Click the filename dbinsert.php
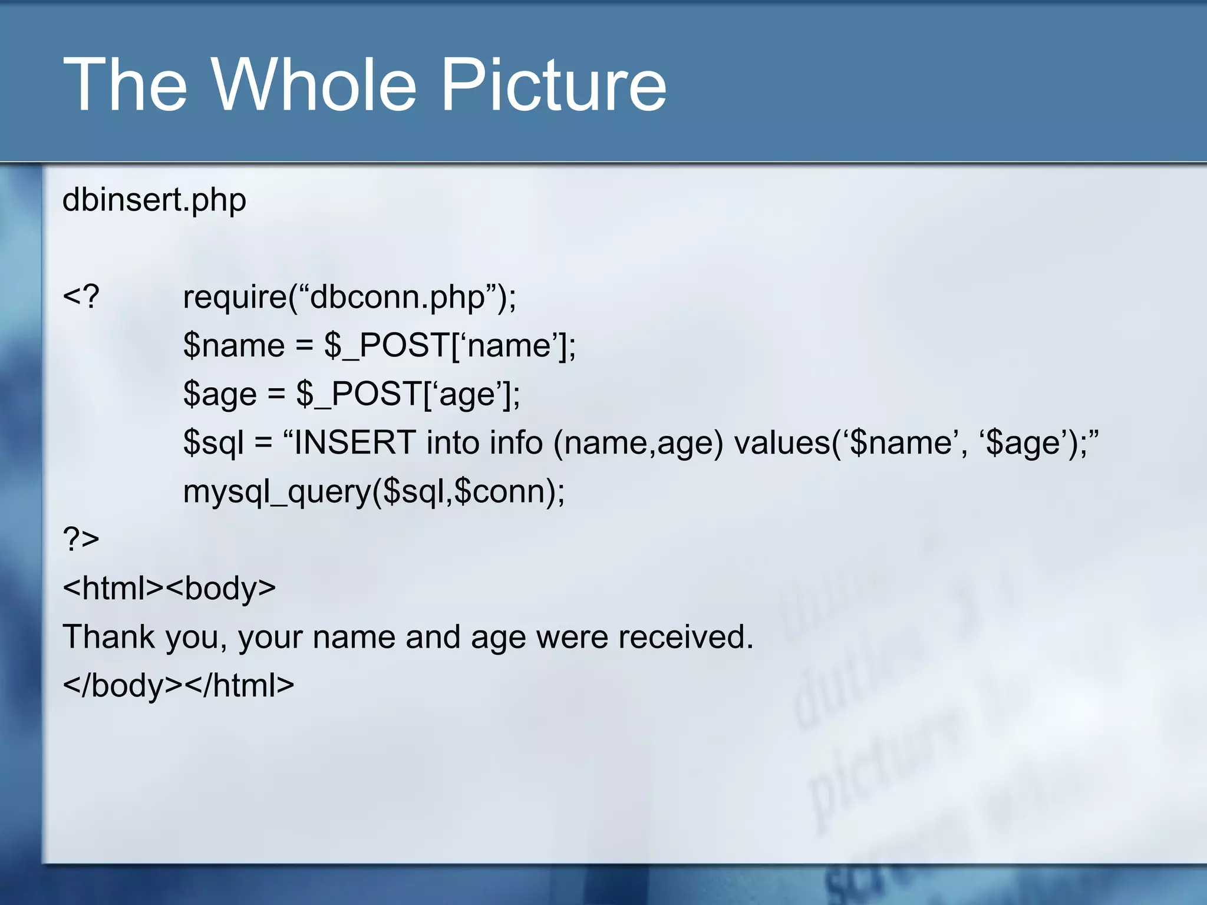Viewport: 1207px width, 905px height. click(154, 200)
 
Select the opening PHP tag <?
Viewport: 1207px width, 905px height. click(81, 296)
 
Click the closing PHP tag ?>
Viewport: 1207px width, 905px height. click(81, 539)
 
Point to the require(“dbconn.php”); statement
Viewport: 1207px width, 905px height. click(349, 297)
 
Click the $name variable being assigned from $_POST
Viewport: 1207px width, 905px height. click(234, 345)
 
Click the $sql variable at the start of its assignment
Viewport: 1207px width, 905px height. click(213, 443)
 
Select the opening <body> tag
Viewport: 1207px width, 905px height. click(220, 588)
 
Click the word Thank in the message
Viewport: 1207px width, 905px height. click(109, 637)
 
